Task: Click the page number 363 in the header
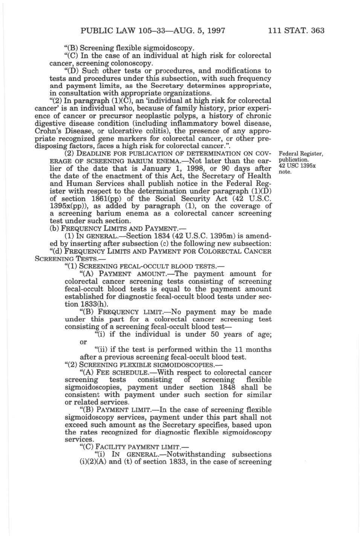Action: pyautogui.click(x=317, y=31)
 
